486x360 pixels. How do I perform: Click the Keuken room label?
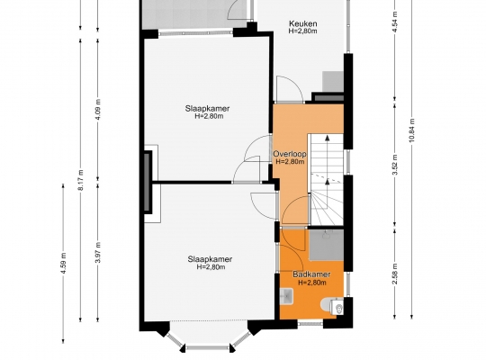coord(302,23)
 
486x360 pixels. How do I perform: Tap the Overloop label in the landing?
coord(290,154)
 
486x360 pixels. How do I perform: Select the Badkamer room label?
coord(311,274)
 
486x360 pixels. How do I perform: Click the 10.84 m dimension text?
coord(411,130)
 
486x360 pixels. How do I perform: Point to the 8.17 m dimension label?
coord(81,179)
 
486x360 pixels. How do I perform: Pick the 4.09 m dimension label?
coord(98,110)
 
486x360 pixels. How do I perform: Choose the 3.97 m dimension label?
coord(98,252)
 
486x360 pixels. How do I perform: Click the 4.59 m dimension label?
coord(63,264)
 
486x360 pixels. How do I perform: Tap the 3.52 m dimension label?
coord(395,165)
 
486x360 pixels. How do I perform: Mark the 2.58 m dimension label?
coord(395,274)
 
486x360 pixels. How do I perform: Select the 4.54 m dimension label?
coord(395,22)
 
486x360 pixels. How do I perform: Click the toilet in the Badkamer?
coord(333,306)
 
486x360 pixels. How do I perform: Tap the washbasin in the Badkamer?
coord(286,296)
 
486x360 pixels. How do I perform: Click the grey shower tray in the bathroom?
coord(327,245)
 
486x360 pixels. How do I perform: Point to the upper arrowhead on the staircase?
coord(328,138)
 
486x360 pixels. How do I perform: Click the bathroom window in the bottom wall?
coord(310,324)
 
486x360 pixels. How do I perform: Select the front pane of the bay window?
coord(208,348)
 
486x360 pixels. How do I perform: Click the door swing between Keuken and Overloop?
coord(290,89)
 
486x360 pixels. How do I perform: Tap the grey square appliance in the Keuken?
coord(333,82)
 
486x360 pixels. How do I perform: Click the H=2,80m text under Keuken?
coord(302,31)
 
